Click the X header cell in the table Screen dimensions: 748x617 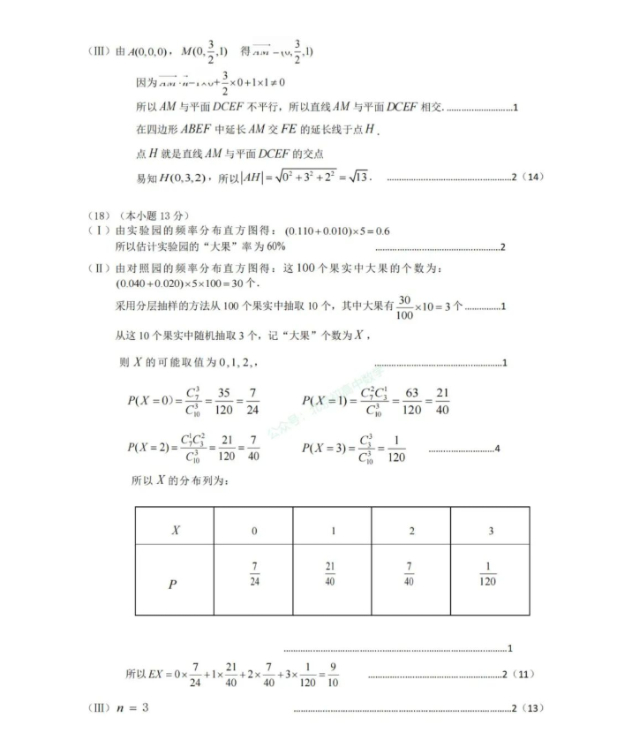coord(175,530)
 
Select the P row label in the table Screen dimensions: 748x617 coord(174,584)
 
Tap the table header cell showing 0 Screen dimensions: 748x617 coord(253,531)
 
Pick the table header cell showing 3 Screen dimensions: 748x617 coord(490,531)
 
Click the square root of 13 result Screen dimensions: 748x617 coord(357,177)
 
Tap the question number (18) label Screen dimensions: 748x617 coord(102,215)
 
